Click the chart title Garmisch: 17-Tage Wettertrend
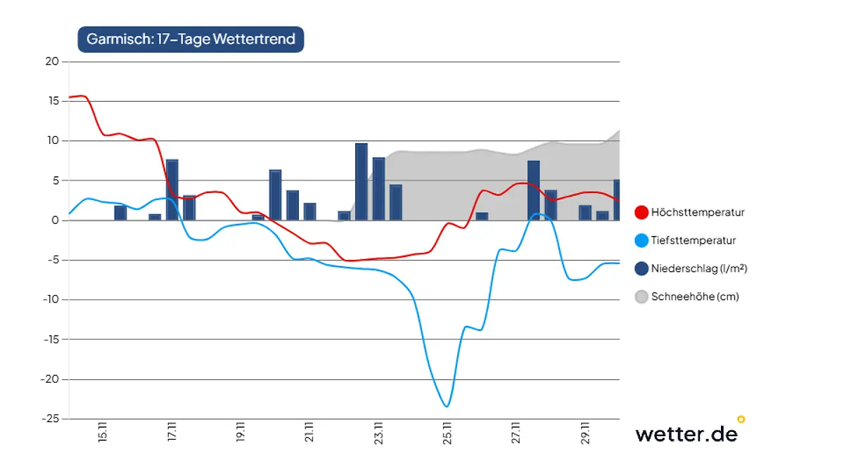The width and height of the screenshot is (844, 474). click(191, 39)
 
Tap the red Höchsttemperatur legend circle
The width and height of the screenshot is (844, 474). click(641, 212)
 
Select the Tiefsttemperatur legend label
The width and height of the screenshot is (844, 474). click(693, 240)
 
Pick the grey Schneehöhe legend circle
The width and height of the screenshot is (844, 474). click(641, 296)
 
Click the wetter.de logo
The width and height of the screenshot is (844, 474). click(686, 433)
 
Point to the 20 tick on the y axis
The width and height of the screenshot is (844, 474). click(53, 62)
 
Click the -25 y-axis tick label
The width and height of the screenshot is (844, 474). click(50, 419)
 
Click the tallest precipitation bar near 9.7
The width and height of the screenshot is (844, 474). click(362, 182)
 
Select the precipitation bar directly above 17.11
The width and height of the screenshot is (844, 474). click(172, 190)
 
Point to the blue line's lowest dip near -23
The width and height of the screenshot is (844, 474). click(446, 405)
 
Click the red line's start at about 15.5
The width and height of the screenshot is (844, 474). click(71, 97)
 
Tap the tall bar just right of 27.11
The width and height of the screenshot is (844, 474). click(534, 190)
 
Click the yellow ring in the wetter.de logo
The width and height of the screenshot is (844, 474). click(741, 420)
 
